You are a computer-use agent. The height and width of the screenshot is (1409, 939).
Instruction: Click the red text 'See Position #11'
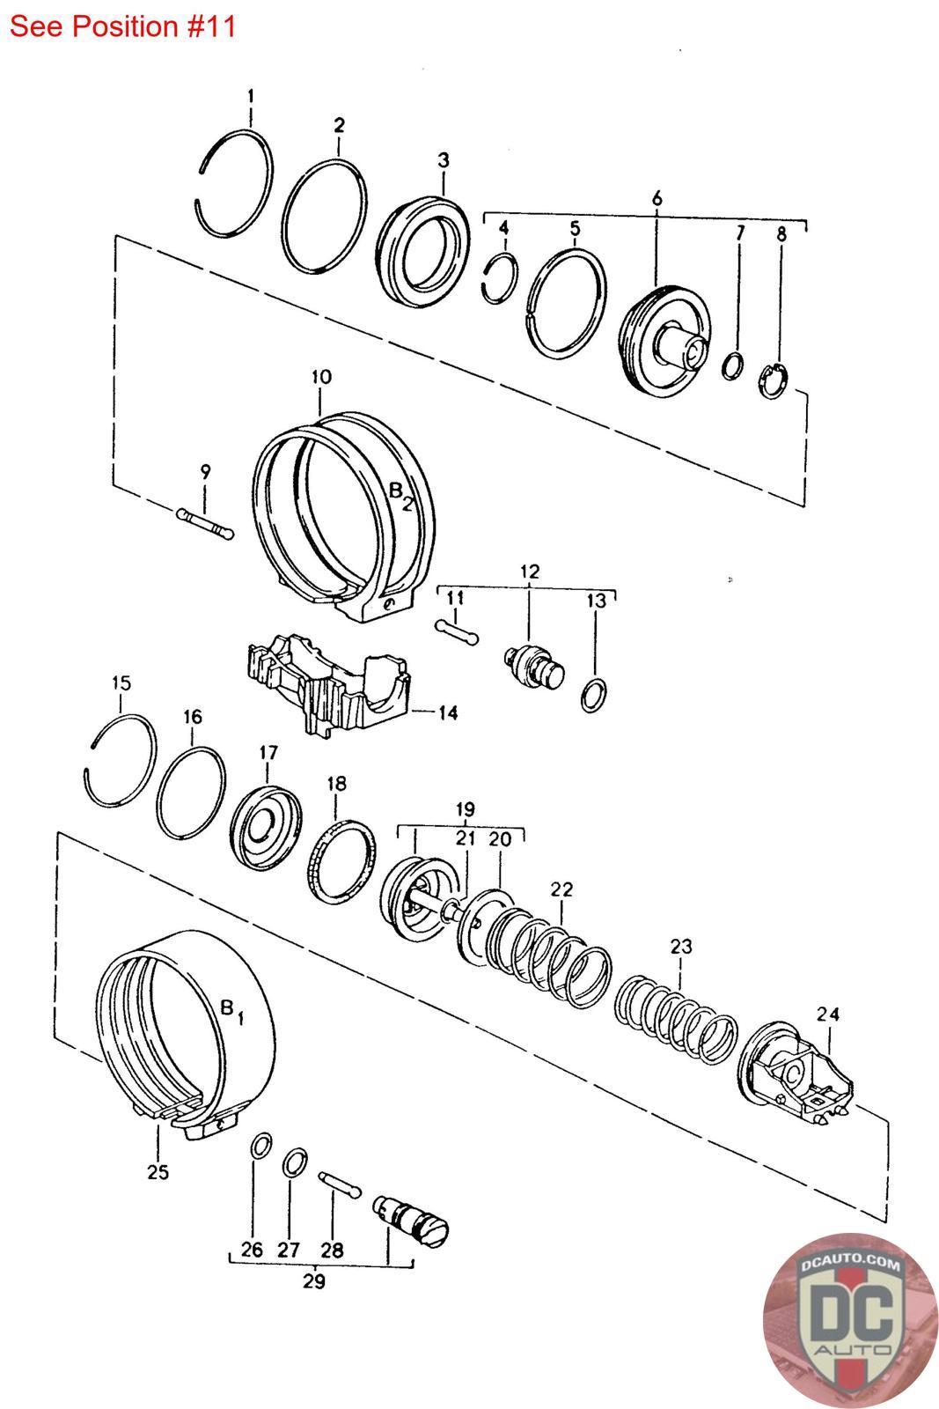click(x=122, y=26)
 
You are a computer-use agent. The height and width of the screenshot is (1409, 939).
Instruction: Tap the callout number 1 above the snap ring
click(x=251, y=96)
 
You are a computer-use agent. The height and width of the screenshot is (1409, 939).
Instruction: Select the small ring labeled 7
click(x=732, y=366)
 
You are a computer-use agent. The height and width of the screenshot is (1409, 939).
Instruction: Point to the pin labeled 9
click(x=205, y=524)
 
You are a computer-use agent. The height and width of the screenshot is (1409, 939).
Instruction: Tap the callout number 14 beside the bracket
click(x=448, y=712)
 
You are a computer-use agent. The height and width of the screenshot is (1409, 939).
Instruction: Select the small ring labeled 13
click(x=593, y=695)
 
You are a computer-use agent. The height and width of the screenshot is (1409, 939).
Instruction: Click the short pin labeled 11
click(x=457, y=632)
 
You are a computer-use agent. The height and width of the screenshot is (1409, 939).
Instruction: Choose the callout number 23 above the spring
click(x=680, y=946)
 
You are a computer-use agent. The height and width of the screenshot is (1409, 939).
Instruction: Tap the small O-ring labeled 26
click(x=261, y=1146)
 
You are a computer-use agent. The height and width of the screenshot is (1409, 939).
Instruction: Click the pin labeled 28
click(x=340, y=1184)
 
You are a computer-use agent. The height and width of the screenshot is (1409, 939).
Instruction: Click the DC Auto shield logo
click(x=849, y=1318)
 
